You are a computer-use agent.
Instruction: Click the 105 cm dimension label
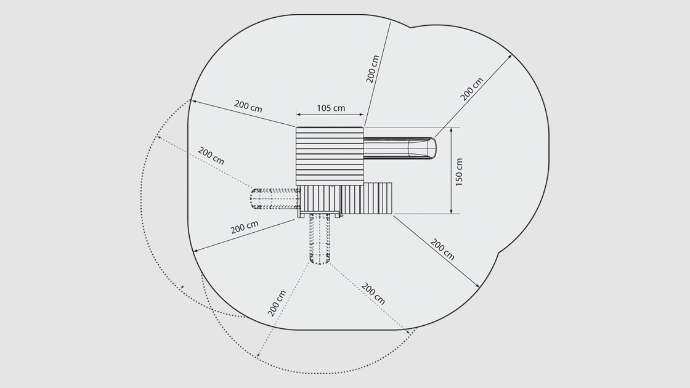pos(331,108)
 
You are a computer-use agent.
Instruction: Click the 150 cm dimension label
pos(459,172)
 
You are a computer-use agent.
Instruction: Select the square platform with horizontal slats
pos(330,156)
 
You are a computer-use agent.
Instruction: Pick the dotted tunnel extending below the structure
pos(320,239)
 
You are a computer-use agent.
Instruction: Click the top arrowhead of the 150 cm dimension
pos(452,131)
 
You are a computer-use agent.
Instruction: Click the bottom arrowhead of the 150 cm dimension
pos(452,211)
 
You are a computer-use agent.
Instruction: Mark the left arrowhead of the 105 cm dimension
pos(299,115)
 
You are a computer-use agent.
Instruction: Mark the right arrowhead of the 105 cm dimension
pos(361,115)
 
